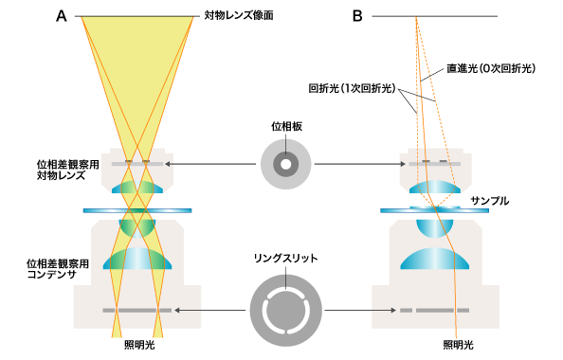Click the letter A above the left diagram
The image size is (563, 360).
pyautogui.click(x=62, y=16)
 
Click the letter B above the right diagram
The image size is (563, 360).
pyautogui.click(x=358, y=16)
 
